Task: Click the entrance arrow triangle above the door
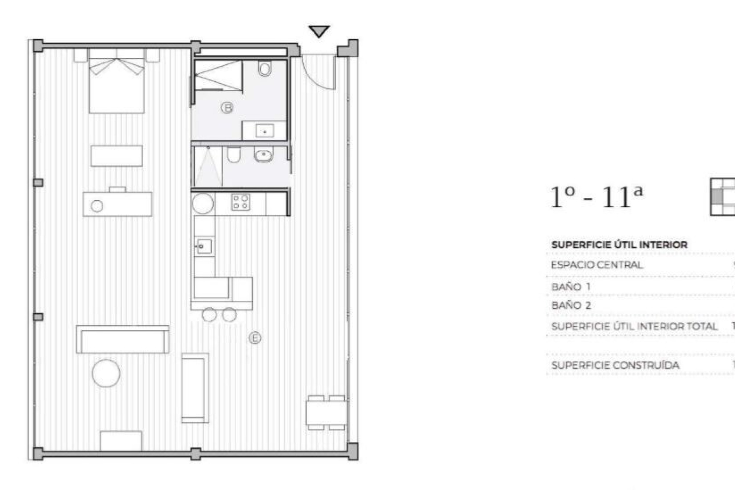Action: [319, 31]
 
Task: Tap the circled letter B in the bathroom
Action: [227, 108]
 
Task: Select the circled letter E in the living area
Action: [255, 338]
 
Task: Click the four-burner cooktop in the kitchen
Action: [241, 202]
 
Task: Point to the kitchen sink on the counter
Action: [204, 246]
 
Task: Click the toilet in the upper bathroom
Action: [265, 69]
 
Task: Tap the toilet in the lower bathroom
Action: [234, 154]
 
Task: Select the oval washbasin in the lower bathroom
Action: [264, 154]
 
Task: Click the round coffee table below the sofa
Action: [106, 373]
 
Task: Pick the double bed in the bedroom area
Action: [117, 84]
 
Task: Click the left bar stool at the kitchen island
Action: [209, 315]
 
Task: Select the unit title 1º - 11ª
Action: [596, 197]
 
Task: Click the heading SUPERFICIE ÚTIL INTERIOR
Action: [619, 245]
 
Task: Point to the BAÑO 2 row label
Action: [571, 306]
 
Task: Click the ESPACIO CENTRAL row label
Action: [597, 265]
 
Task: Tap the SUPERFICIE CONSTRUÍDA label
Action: [615, 365]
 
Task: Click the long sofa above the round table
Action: [123, 339]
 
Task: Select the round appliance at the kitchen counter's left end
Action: [203, 203]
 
